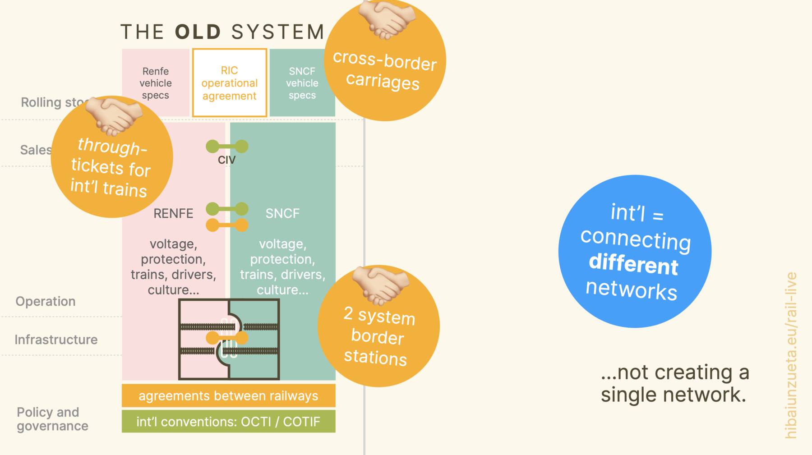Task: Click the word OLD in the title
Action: pyautogui.click(x=198, y=32)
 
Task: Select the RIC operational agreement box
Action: pyautogui.click(x=230, y=83)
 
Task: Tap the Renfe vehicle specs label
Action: pyautogui.click(x=156, y=83)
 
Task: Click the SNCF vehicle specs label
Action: pyautogui.click(x=302, y=83)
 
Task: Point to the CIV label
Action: pyautogui.click(x=226, y=160)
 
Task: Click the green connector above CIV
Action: pyautogui.click(x=227, y=147)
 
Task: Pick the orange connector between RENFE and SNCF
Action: pyautogui.click(x=227, y=225)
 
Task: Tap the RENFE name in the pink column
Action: pyautogui.click(x=173, y=213)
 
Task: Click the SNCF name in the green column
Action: pyautogui.click(x=282, y=213)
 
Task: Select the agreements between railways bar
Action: pyautogui.click(x=228, y=395)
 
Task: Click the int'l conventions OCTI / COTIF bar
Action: pyautogui.click(x=228, y=421)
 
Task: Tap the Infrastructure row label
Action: pyautogui.click(x=56, y=340)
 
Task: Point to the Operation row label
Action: pyautogui.click(x=46, y=301)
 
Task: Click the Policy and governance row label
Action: pyautogui.click(x=52, y=419)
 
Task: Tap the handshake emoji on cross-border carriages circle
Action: pyautogui.click(x=387, y=19)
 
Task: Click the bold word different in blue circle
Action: pyautogui.click(x=633, y=264)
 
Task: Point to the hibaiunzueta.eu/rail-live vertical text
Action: pyautogui.click(x=791, y=355)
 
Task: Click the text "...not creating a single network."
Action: pyautogui.click(x=674, y=383)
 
